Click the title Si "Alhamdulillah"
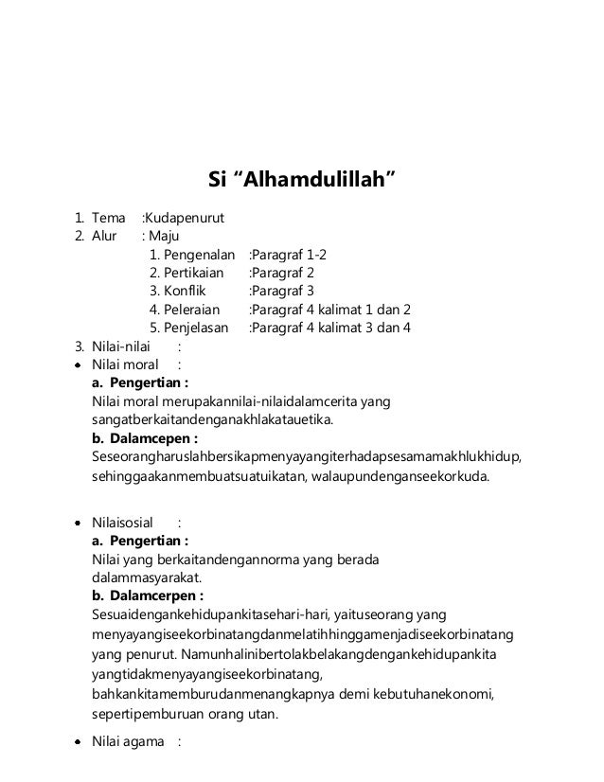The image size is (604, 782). pyautogui.click(x=301, y=180)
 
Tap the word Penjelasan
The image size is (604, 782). pyautogui.click(x=199, y=329)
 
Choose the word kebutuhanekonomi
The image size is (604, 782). pyautogui.click(x=457, y=695)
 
